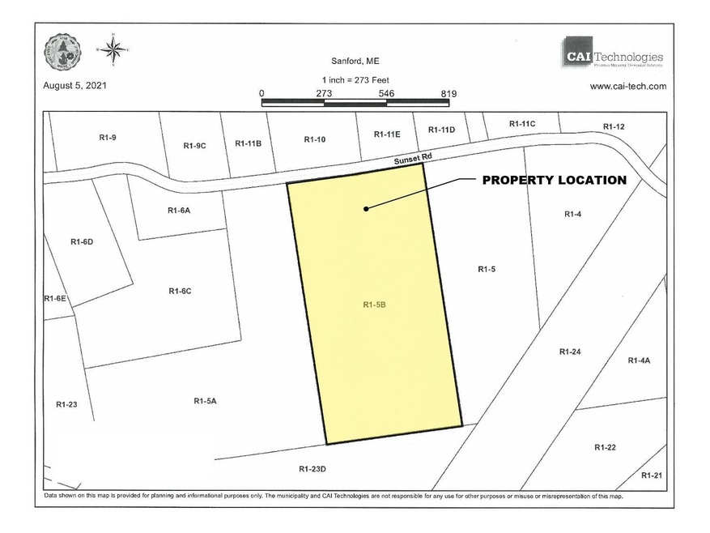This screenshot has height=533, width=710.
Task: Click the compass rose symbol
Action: pyautogui.click(x=113, y=50)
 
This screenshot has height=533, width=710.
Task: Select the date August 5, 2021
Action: pyautogui.click(x=74, y=85)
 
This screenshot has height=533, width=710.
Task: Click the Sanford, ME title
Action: pyautogui.click(x=355, y=60)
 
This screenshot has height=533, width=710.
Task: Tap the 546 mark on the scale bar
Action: pyautogui.click(x=387, y=93)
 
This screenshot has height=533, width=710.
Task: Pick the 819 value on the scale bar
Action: pyautogui.click(x=448, y=93)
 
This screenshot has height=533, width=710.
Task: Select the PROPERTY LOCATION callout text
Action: pyautogui.click(x=554, y=180)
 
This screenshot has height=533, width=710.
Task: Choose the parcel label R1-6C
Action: pyautogui.click(x=180, y=291)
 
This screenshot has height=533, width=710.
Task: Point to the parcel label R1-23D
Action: pyautogui.click(x=312, y=468)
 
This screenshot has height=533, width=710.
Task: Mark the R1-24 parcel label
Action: pyautogui.click(x=570, y=352)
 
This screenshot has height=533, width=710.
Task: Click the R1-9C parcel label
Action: pyautogui.click(x=195, y=146)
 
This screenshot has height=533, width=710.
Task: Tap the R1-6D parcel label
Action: pyautogui.click(x=82, y=241)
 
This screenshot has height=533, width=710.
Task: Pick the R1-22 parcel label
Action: pyautogui.click(x=606, y=447)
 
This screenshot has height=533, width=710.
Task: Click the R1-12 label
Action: pyautogui.click(x=614, y=126)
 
